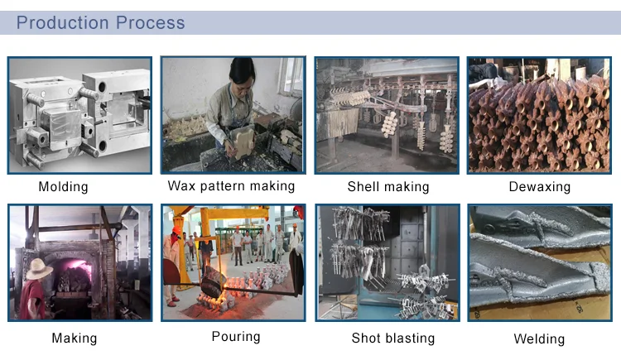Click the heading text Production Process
pyautogui.click(x=100, y=22)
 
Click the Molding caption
pyautogui.click(x=63, y=187)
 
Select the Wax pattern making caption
pyautogui.click(x=231, y=185)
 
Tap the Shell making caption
pyautogui.click(x=388, y=187)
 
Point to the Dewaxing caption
pyautogui.click(x=539, y=187)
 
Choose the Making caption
pyautogui.click(x=74, y=338)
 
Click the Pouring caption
pyautogui.click(x=236, y=336)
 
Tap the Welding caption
pyautogui.click(x=539, y=338)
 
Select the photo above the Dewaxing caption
pyautogui.click(x=539, y=114)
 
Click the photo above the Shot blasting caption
pyautogui.click(x=388, y=262)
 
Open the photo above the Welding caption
pyautogui.click(x=539, y=262)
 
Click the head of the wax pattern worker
pyautogui.click(x=240, y=70)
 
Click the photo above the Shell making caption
pyautogui.click(x=388, y=114)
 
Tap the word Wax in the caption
pyautogui.click(x=182, y=185)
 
